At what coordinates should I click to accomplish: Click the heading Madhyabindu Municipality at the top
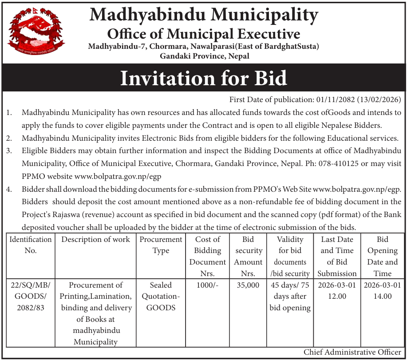pos(204,16)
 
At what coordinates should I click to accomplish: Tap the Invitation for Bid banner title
pos(204,78)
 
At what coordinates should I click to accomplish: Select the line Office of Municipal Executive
pos(204,34)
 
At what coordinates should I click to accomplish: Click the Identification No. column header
pos(31,245)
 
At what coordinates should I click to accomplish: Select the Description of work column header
pos(96,240)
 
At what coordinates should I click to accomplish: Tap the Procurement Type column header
pos(161,245)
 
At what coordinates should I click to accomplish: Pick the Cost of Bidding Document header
pos(208,256)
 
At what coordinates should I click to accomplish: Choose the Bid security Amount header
pos(249,256)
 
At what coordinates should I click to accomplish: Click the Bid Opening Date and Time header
pos(382,256)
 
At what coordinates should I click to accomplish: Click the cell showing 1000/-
pos(208,285)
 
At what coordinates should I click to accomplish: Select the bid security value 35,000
pos(249,285)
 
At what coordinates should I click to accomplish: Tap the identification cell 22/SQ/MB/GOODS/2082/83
pos(31,296)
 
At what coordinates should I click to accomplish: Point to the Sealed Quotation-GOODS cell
pos(161,296)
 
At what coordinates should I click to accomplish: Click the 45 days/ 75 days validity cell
pos(290,296)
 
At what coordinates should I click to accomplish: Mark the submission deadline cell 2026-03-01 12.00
pos(337,291)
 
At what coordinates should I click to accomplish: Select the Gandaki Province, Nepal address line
pos(205,56)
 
